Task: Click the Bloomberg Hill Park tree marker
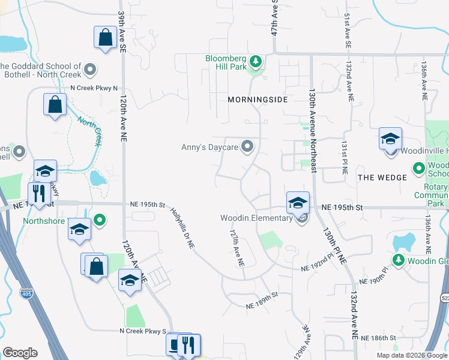point(256,61)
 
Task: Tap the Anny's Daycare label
point(210,146)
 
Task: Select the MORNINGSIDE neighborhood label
point(258,100)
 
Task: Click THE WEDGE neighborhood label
point(382,178)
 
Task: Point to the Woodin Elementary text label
point(256,217)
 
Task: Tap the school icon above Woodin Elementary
point(298,202)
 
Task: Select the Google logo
point(20,353)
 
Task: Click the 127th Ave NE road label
point(237,247)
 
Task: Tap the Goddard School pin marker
point(91,70)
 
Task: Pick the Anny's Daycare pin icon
point(247,146)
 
